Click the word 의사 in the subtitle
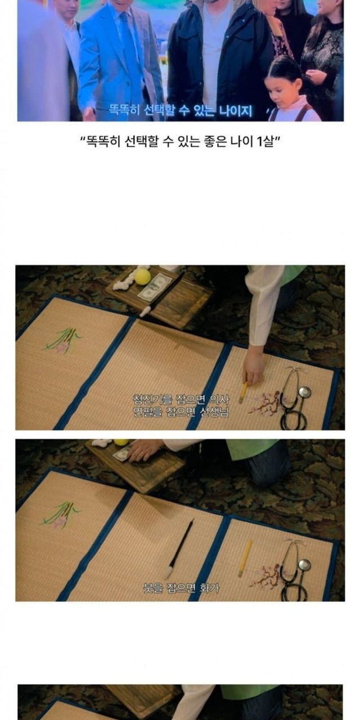[219, 399]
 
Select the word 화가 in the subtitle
[209, 588]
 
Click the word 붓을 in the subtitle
[153, 588]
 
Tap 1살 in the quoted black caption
[266, 141]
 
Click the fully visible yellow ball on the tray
[143, 277]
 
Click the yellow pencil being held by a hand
[242, 393]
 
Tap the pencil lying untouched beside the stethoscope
[244, 558]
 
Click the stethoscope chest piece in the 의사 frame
[304, 392]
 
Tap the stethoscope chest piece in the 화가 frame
[304, 565]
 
